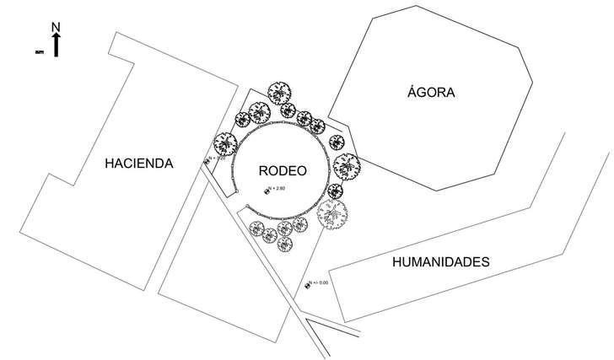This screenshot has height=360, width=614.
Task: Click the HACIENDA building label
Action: pos(139,164)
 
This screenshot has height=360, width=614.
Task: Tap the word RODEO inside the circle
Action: pos(282,169)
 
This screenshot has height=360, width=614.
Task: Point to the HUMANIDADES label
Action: pos(441,262)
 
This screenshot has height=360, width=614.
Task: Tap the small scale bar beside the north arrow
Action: pos(38,52)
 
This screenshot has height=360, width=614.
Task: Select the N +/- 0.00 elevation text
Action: pos(318,283)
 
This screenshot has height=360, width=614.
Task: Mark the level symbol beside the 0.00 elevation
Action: pos(307,285)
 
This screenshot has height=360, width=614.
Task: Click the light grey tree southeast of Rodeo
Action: pos(332,213)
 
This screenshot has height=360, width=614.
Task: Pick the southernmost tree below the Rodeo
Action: pos(285,245)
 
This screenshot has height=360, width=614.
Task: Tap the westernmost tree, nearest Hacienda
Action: pos(224,143)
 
